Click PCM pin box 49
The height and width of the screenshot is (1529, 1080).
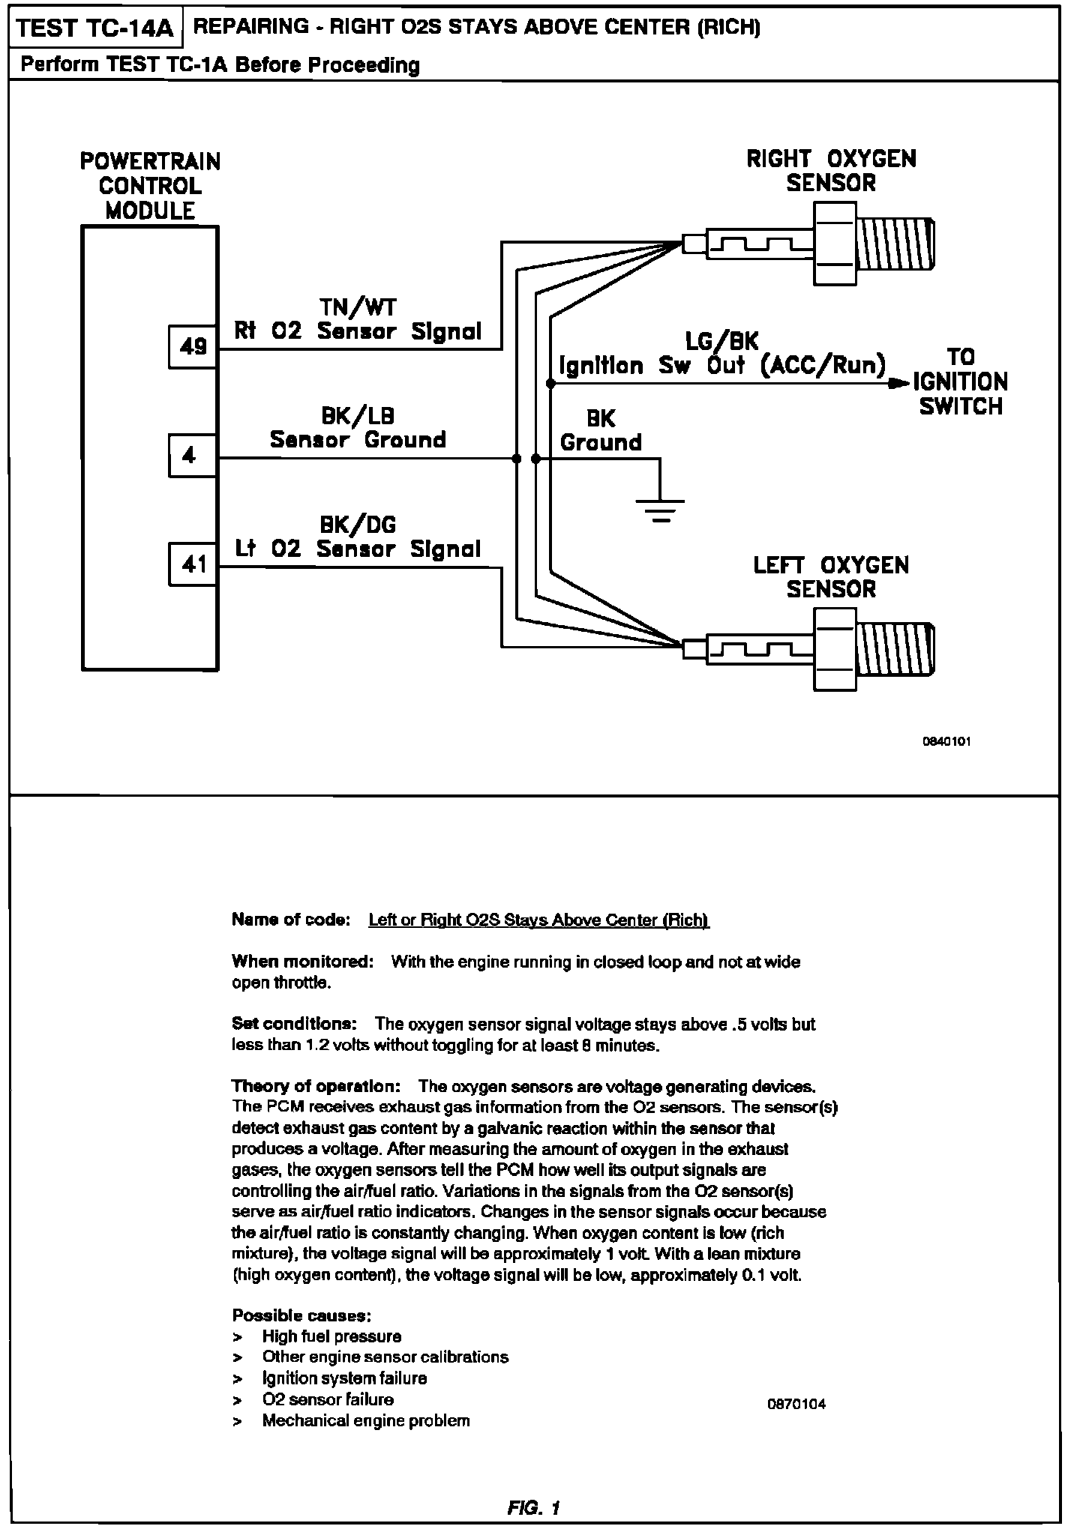193,346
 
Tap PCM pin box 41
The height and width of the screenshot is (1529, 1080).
193,564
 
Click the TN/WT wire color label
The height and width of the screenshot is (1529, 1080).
358,307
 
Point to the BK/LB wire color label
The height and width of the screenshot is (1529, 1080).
358,415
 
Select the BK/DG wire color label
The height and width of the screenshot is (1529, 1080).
358,525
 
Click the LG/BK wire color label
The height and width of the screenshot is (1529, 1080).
721,342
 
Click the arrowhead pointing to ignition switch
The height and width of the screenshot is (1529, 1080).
898,384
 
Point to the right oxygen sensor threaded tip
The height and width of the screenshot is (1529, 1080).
896,245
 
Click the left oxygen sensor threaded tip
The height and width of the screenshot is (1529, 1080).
896,648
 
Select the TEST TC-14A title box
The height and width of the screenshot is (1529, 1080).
95,28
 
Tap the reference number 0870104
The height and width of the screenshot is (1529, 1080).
796,1405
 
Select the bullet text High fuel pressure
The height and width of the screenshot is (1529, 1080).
331,1336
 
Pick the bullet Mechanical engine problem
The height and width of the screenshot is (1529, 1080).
366,1420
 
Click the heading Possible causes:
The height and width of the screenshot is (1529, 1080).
302,1315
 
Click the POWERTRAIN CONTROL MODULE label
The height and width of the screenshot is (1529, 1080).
150,186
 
